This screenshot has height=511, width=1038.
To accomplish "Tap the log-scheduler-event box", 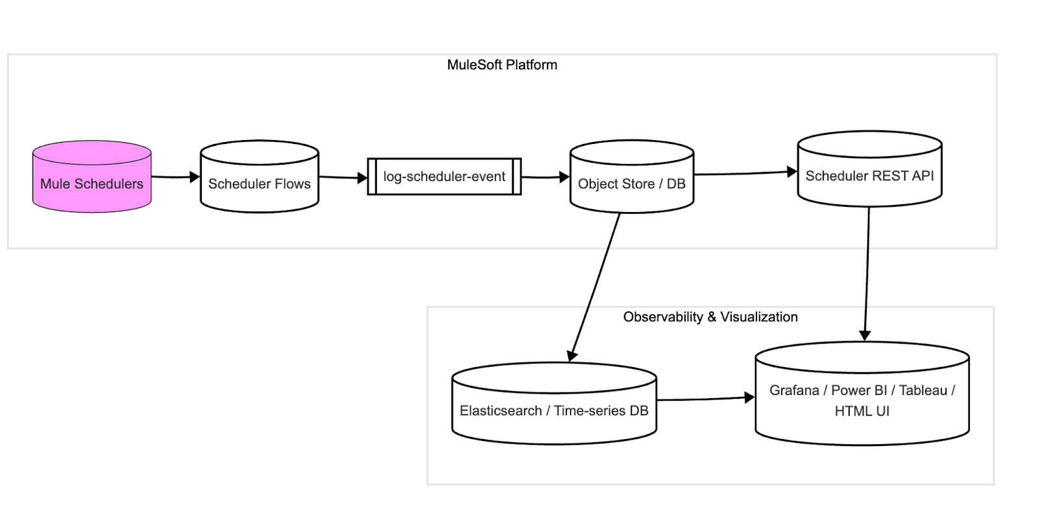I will tap(444, 176).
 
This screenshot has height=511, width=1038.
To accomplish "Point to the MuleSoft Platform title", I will tap(501, 65).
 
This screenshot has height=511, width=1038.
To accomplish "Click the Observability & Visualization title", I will tap(710, 317).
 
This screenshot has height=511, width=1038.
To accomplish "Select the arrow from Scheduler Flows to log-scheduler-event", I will tap(343, 177).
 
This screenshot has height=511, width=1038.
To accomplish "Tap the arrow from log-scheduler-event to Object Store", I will tap(545, 176).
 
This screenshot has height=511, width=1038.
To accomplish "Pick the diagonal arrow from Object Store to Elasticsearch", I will tap(594, 285).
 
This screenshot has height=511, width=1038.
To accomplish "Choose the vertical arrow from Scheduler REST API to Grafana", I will tap(867, 272).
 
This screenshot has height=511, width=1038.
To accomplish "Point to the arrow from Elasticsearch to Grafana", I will tap(705, 399).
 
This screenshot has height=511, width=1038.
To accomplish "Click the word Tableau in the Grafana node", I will tap(923, 390).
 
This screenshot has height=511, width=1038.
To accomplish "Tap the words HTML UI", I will tap(862, 411).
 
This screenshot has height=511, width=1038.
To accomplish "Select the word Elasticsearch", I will tap(500, 411).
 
